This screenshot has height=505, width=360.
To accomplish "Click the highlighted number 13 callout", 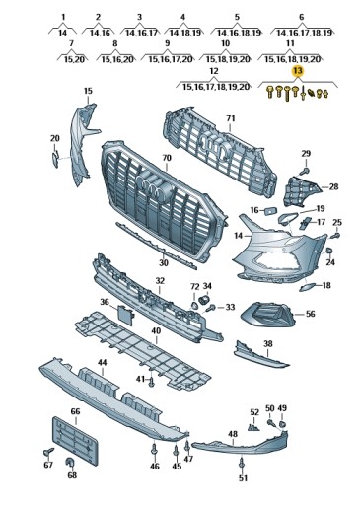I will pyautogui.click(x=296, y=72).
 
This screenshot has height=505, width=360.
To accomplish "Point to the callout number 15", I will pyautogui.click(x=88, y=92).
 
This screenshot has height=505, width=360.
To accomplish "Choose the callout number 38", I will pyautogui.click(x=267, y=344).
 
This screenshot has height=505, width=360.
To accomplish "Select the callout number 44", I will pyautogui.click(x=101, y=364).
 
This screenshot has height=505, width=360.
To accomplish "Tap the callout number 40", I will pyautogui.click(x=155, y=331).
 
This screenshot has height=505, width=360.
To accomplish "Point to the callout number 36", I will pyautogui.click(x=104, y=302).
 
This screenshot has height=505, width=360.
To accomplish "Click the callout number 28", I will pyautogui.click(x=333, y=186).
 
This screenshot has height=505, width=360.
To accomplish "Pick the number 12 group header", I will pyautogui.click(x=214, y=72).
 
